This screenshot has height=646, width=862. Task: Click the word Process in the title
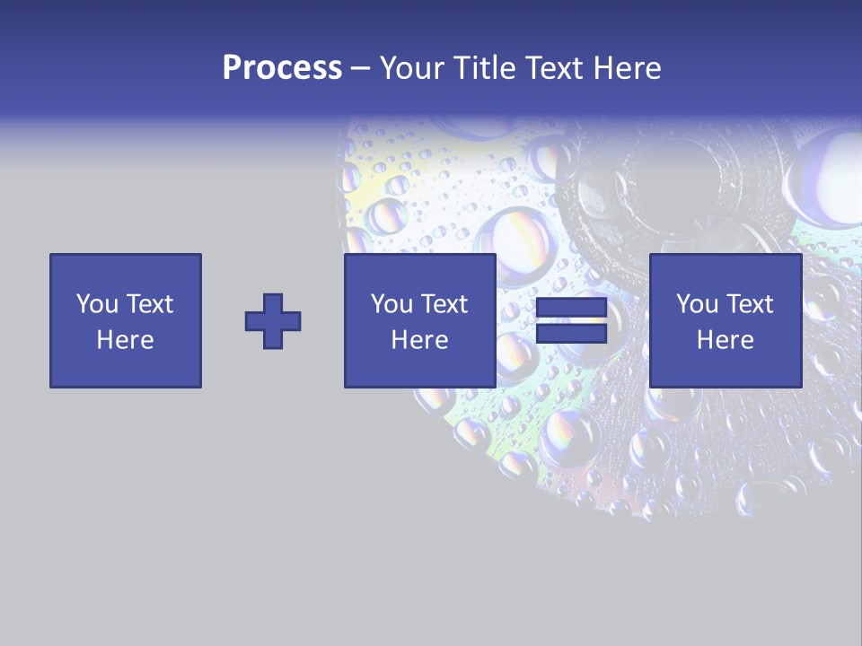coord(282,68)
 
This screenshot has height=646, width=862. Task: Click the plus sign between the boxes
coord(273,320)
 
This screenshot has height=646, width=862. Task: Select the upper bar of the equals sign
coord(571,309)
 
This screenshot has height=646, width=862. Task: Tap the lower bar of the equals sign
coord(571,333)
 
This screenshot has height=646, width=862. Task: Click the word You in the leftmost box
coord(98,304)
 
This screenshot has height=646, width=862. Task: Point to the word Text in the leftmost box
coord(148,304)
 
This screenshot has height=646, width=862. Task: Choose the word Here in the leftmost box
coord(125,340)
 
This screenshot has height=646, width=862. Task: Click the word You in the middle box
coord(392,304)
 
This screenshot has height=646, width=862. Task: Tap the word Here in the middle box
coord(420,340)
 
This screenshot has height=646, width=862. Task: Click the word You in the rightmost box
coord(698,304)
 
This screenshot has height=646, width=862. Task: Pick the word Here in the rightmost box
coord(726,340)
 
